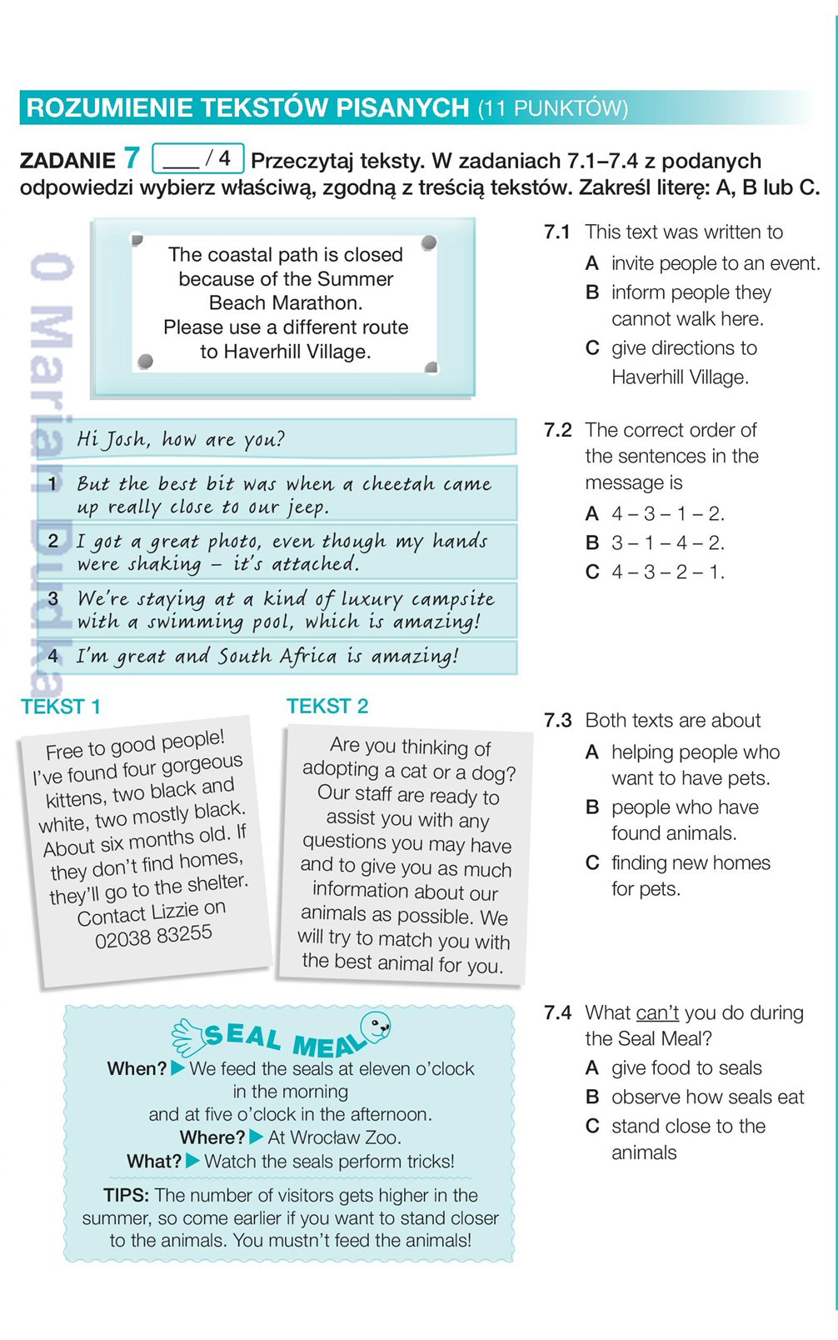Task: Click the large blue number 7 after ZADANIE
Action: click(132, 157)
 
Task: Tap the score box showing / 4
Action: click(198, 157)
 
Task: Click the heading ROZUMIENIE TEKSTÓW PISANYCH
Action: click(248, 108)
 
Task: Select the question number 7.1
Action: click(556, 232)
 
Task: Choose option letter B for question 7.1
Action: click(592, 292)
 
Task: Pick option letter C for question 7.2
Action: click(592, 572)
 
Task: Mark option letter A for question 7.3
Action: click(592, 752)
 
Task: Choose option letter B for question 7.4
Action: click(592, 1097)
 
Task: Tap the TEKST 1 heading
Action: click(61, 707)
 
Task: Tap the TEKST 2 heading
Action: click(327, 707)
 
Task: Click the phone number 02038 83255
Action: click(154, 937)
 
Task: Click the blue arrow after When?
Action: click(178, 1067)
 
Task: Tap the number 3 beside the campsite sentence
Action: click(53, 598)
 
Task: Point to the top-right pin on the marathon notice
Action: click(429, 242)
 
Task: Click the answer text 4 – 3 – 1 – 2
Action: click(668, 514)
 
